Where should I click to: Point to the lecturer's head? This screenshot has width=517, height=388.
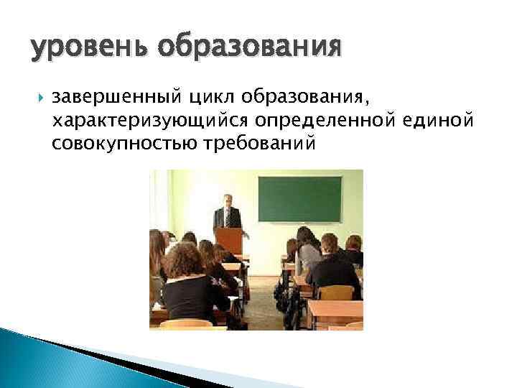(x=228, y=200)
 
